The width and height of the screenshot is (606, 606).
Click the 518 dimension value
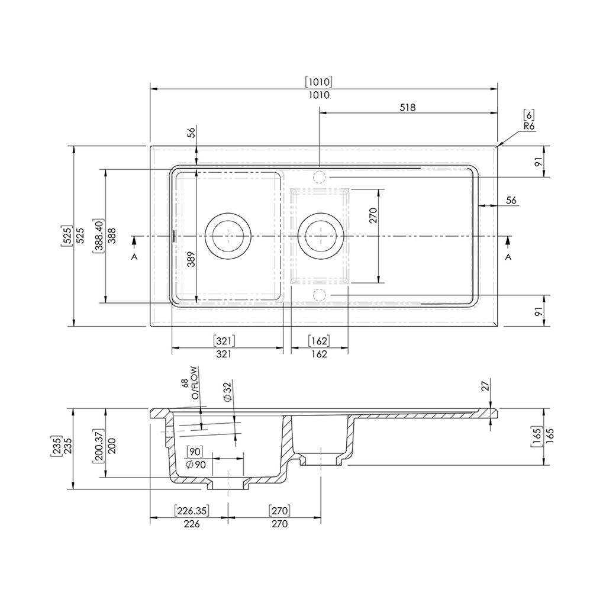[x=407, y=107]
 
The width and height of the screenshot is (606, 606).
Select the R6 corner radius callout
[x=529, y=127]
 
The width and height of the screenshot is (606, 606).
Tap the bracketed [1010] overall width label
[x=318, y=82]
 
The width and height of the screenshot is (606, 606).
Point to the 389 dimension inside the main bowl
[x=191, y=259]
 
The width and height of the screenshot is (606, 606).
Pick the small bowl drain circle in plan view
[x=321, y=213]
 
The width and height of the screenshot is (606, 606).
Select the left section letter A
[x=134, y=257]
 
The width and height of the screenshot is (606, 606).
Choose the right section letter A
[x=508, y=257]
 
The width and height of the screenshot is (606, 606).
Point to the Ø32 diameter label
[x=227, y=392]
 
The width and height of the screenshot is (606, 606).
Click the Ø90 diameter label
[x=195, y=465]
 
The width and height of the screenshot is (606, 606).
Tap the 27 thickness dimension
[x=485, y=385]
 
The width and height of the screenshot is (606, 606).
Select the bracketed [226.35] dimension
[x=192, y=511]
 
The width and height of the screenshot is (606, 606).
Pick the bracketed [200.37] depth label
[x=99, y=446]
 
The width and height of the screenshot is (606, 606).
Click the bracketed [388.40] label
[x=99, y=236]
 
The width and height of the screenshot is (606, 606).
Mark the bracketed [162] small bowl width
[x=319, y=341]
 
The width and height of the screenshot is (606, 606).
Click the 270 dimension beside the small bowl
[x=373, y=215]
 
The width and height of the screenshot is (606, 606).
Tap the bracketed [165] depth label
[x=537, y=437]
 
